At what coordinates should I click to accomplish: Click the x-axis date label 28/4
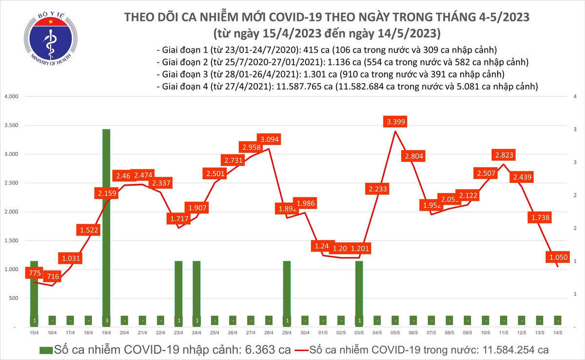(269, 333)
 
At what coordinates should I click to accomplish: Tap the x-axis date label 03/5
(359, 333)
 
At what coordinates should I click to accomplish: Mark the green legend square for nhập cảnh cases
(46, 350)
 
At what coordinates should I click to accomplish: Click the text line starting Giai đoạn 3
(331, 75)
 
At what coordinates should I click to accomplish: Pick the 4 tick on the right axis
(575, 96)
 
